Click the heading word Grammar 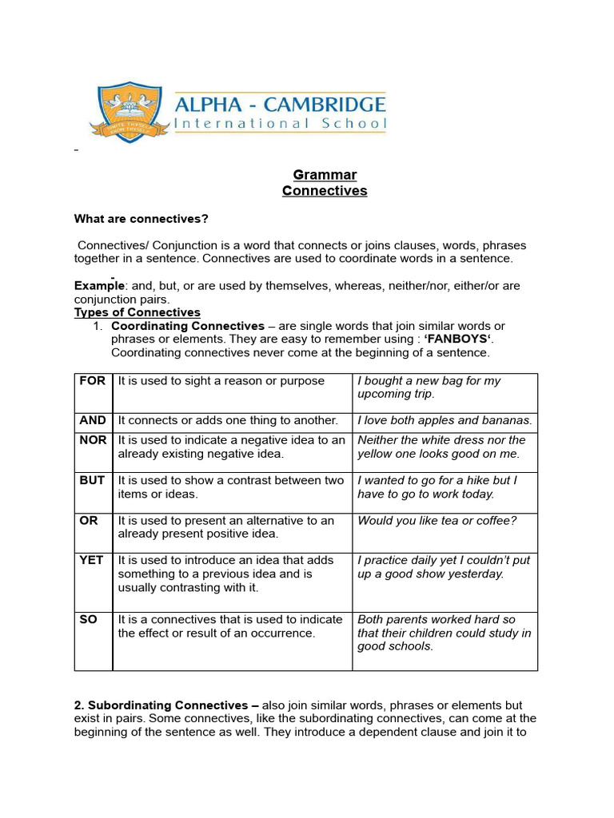(325, 175)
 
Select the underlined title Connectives (325, 191)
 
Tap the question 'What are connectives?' (141, 218)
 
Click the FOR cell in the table (93, 381)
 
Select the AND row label (93, 420)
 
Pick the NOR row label (93, 440)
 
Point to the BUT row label (93, 480)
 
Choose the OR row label (89, 520)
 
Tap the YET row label (92, 560)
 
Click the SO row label (88, 619)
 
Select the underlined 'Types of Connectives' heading (138, 312)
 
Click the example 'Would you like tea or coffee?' (437, 521)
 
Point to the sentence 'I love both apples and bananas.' (445, 420)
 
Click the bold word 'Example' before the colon (99, 286)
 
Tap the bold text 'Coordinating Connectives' (188, 326)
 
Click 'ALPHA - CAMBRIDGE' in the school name (281, 105)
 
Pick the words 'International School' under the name (281, 124)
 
